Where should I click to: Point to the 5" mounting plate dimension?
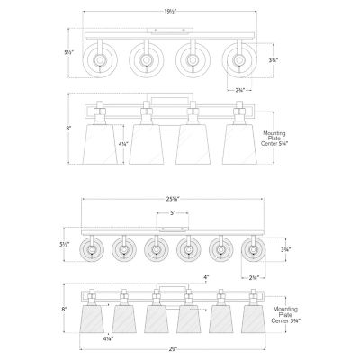click(x=171, y=213)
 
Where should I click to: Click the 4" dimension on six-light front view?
click(x=206, y=276)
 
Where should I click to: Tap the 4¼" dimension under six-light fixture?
click(x=107, y=338)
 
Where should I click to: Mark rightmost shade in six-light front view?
click(x=250, y=317)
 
